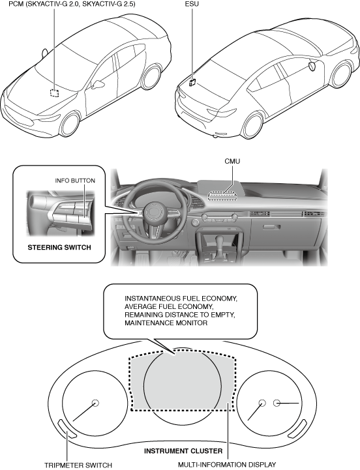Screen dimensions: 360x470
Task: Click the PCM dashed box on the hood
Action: coord(54,93)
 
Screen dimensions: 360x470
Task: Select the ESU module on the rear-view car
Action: coord(192,82)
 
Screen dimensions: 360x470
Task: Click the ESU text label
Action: coord(192,4)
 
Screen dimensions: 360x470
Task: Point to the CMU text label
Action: coord(232,161)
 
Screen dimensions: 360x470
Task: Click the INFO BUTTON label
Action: coord(75,181)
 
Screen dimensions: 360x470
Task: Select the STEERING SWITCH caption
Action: coord(59,248)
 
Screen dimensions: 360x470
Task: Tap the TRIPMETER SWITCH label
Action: coord(78,465)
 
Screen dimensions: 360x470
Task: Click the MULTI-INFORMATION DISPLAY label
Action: coord(227,465)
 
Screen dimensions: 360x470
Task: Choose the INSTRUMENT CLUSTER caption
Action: coord(183,451)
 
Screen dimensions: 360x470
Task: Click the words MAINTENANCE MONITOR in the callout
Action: coord(166,323)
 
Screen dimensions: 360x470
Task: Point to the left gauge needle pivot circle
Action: coord(95,403)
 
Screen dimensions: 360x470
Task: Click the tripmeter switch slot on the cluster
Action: coord(67,429)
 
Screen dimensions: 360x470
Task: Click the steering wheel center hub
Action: coord(153,211)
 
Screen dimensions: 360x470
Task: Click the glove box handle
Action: coord(272,227)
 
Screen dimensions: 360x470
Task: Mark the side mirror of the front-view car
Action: coord(98,85)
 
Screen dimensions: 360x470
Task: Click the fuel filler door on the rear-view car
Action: coord(312,66)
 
